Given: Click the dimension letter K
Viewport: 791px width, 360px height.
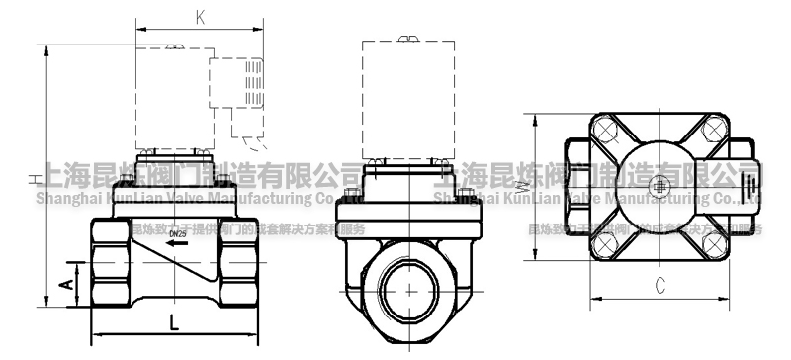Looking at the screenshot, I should coord(201,17).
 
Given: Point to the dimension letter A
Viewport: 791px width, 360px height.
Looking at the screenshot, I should coord(64,284).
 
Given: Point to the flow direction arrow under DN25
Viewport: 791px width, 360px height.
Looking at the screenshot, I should coord(177,242).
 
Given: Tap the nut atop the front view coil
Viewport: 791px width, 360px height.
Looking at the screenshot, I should coord(406,40).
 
